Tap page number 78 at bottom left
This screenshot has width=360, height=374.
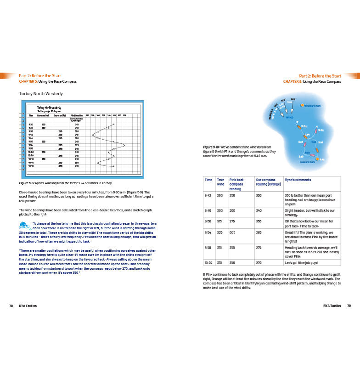coord(11,306)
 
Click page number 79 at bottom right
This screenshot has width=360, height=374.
coord(349,306)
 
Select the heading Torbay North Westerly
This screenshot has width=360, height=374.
coord(41,94)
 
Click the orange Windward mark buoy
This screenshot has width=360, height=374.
coord(302,106)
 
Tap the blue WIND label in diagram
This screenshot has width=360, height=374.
coord(290,118)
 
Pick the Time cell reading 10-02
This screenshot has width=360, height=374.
coord(209,262)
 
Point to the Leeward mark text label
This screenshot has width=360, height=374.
coord(307,162)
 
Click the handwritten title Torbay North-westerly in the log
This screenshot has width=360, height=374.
coord(50,108)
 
